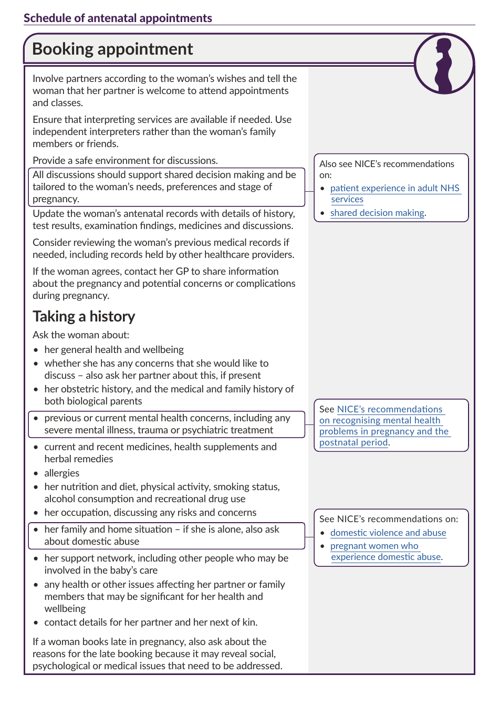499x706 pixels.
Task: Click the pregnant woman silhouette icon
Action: coord(444,64)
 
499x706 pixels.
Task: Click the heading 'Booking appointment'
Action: coord(112,49)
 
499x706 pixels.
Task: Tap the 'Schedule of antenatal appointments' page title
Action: coord(118,18)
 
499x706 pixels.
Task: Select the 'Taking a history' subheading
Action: coord(84,316)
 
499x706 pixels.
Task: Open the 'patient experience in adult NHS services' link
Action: coord(394,188)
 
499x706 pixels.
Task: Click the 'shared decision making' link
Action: coord(377,213)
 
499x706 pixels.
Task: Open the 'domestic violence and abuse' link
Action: coord(388,533)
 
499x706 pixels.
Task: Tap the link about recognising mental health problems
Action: coord(383,425)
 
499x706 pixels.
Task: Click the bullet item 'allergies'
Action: coord(61,473)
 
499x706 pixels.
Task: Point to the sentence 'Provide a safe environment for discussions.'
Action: coord(125,160)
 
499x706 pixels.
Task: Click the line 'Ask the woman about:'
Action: coord(81,335)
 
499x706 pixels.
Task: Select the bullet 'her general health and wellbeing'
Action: coord(114,349)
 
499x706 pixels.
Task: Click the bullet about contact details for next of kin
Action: coord(151,622)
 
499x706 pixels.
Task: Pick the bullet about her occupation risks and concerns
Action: coord(150,512)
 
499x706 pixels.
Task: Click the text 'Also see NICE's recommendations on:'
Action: coord(387,169)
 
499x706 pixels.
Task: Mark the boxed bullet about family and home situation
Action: coord(162,535)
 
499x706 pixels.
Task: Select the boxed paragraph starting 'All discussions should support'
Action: coord(164,186)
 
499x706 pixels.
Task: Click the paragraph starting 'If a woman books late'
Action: coord(157,653)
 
